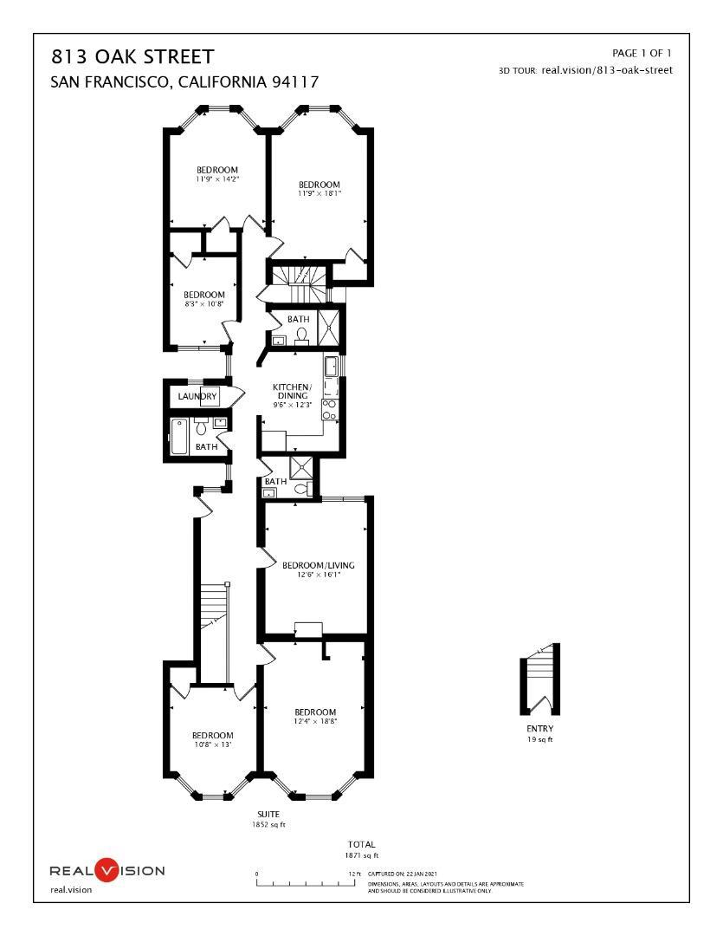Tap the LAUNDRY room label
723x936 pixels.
point(197,397)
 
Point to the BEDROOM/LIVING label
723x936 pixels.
point(319,565)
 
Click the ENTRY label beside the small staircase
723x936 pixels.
point(539,729)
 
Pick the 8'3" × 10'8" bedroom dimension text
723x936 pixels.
point(204,304)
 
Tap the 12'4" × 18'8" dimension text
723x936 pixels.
point(314,720)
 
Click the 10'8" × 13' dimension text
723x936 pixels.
point(212,744)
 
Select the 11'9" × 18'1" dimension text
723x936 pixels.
point(320,193)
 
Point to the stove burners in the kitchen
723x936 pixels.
point(330,409)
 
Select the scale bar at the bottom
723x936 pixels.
point(307,883)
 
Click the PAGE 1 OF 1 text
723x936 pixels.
point(642,54)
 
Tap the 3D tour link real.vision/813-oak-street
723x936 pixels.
point(606,70)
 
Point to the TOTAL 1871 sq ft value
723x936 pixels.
point(361,855)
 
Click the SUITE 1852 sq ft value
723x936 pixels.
point(268,824)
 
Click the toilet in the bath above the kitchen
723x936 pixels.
point(302,335)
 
